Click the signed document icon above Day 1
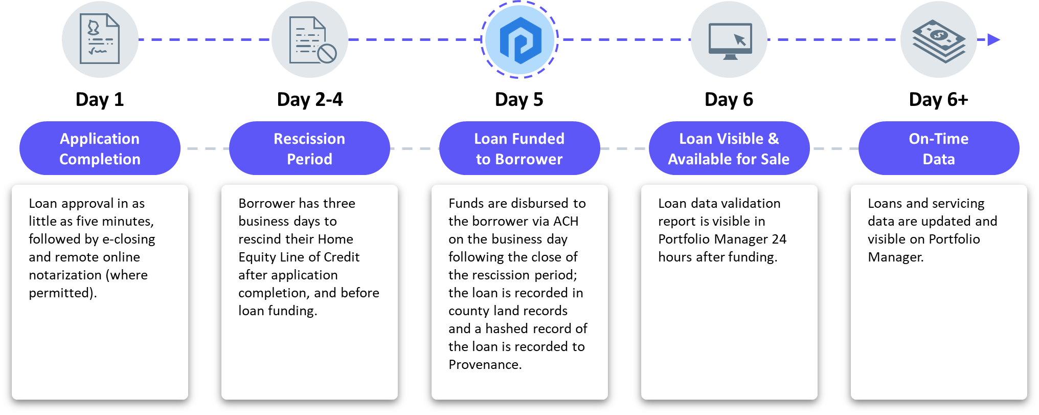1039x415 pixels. (100, 39)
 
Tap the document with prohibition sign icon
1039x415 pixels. (312, 40)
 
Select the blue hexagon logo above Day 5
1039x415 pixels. (520, 40)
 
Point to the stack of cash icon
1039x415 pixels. (939, 41)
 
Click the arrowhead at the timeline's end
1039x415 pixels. (993, 39)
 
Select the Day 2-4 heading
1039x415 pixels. (310, 99)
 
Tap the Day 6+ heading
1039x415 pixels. (939, 99)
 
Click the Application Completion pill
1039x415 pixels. (100, 148)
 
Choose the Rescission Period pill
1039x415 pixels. (309, 148)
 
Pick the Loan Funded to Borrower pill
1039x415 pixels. (519, 148)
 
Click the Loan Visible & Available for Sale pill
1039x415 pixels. (729, 148)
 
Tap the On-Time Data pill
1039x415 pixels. (939, 148)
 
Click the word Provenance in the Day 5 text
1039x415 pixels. (484, 364)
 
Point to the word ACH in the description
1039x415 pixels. (566, 221)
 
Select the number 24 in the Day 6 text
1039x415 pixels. (779, 239)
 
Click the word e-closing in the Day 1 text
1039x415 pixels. (129, 239)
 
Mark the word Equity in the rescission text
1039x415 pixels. (255, 257)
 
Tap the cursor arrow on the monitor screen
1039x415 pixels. (740, 39)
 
